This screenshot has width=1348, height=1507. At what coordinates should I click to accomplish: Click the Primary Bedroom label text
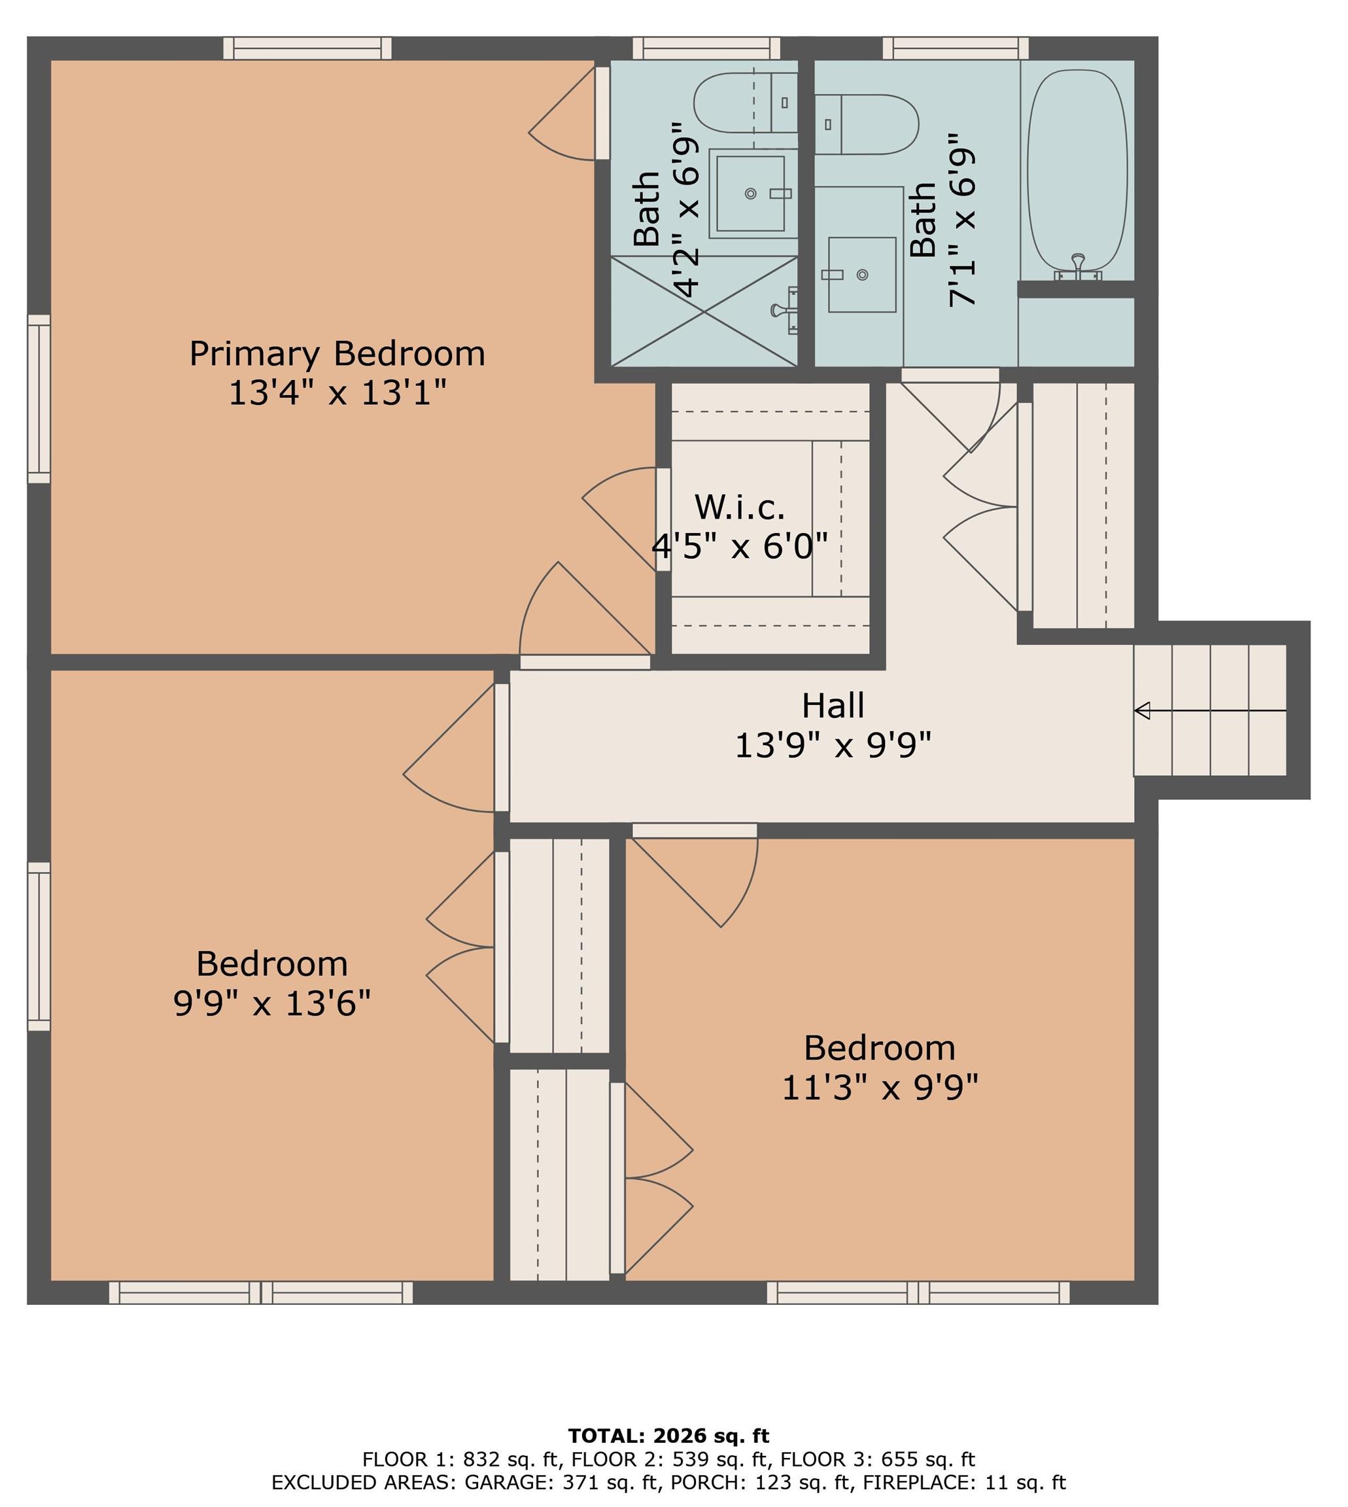click(x=337, y=354)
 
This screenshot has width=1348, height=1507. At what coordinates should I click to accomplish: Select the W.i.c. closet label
click(x=739, y=508)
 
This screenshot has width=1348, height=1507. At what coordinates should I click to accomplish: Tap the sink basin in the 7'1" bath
click(x=861, y=275)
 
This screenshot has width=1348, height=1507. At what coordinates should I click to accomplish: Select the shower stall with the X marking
click(x=703, y=311)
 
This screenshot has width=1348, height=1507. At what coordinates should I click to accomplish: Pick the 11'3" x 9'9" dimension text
click(x=880, y=1088)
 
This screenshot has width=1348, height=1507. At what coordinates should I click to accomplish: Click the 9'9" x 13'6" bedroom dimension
click(x=272, y=1004)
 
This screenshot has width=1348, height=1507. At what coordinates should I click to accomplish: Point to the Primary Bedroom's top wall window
click(x=307, y=48)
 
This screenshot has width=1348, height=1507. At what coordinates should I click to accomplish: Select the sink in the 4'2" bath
click(x=750, y=194)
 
